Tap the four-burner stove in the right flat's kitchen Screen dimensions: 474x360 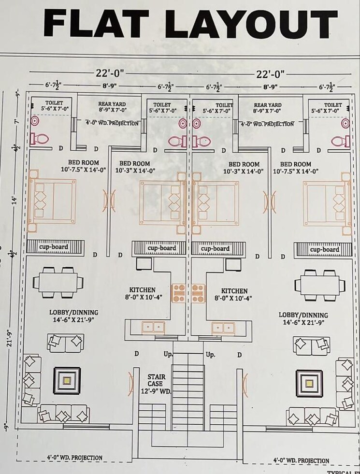click(198, 293)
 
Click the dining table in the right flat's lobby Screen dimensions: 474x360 click(320, 283)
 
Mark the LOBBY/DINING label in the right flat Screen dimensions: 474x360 click(303, 318)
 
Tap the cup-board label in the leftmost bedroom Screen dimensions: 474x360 click(54, 247)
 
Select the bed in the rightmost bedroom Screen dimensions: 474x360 click(327, 203)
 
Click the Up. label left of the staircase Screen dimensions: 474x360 click(168, 355)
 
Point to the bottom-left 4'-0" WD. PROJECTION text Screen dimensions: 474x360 click(74, 457)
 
